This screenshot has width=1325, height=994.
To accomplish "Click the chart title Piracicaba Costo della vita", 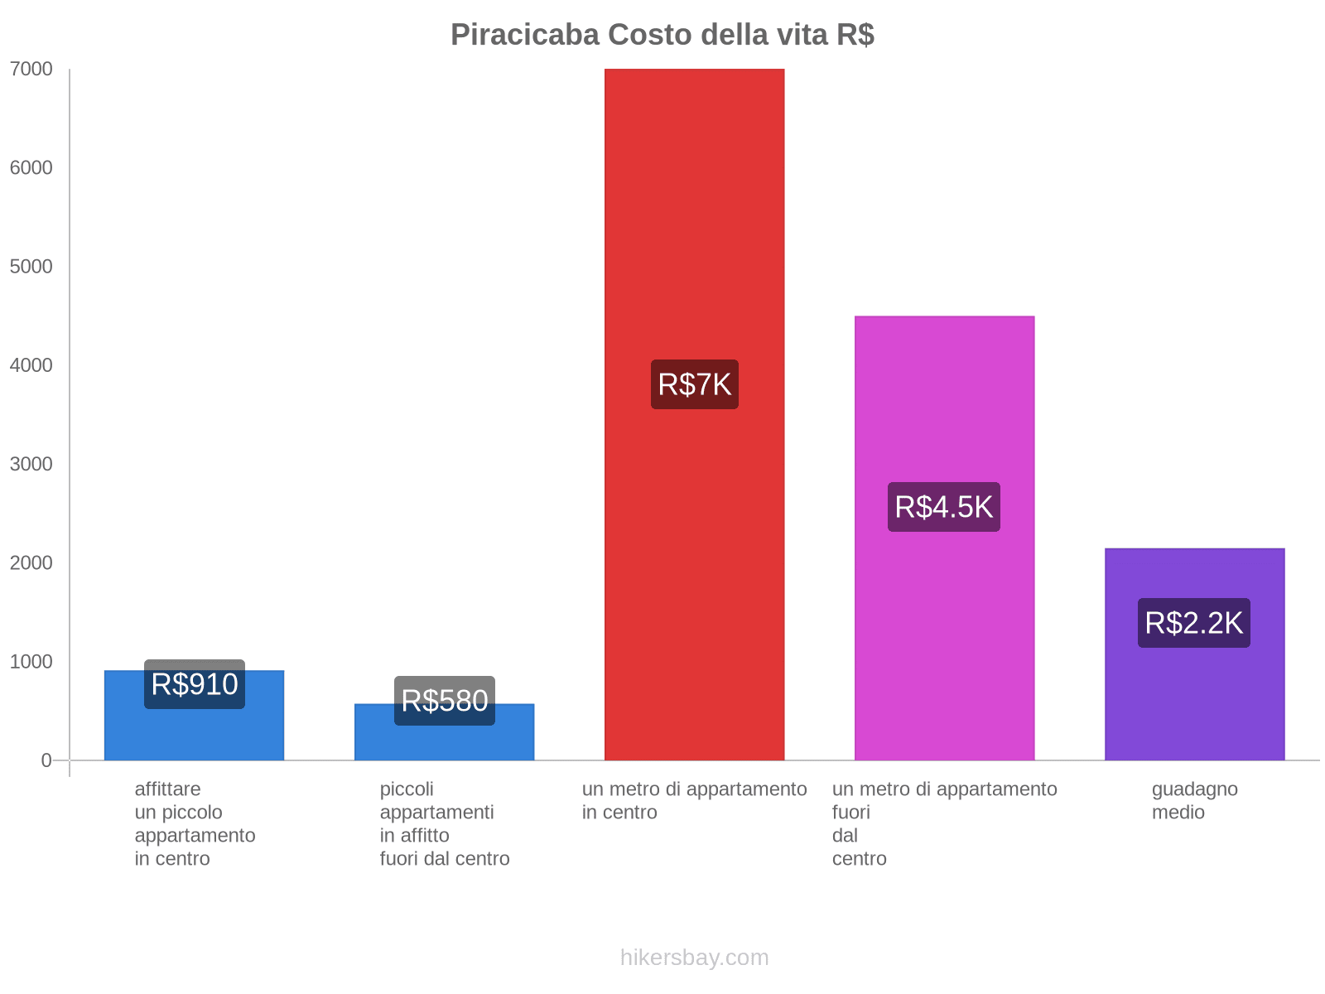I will (662, 35).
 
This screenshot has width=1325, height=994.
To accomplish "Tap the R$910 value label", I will (195, 684).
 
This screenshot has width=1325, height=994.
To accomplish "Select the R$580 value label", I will (445, 701).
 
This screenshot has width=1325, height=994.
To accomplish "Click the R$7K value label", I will (694, 384).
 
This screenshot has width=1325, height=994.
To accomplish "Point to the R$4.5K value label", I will (944, 507).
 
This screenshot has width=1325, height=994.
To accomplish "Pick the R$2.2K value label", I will (1194, 623).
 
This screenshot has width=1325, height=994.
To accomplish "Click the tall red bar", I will (694, 207).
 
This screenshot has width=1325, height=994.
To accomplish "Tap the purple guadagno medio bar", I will (1194, 704).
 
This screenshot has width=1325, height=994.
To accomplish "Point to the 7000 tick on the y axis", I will (31, 70).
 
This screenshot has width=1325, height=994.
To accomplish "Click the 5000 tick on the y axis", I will (31, 267).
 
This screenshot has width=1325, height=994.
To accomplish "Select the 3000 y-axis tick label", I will (31, 464).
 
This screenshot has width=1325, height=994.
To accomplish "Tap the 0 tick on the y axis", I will (46, 760).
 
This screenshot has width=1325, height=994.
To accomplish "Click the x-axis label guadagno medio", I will (1194, 800).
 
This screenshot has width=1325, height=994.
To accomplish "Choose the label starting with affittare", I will (195, 823).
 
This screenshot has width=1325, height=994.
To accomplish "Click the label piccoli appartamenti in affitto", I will (445, 823).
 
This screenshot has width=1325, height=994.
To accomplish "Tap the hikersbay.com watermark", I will (694, 958).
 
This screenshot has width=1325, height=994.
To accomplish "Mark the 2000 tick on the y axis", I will (31, 563).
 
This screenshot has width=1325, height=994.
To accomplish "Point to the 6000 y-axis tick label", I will (31, 168).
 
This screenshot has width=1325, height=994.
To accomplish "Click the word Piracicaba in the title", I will (525, 35).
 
